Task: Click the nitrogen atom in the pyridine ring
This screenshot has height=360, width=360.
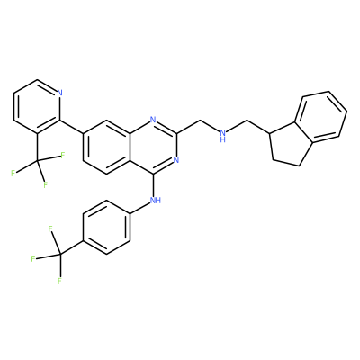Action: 59,93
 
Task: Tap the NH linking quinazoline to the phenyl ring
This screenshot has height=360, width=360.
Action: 155,200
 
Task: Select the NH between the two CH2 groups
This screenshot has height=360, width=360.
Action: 223,135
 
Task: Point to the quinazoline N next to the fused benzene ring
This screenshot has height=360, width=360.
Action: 153,120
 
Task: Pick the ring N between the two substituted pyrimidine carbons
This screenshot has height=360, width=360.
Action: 176,159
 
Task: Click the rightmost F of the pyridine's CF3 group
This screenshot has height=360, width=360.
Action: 63,156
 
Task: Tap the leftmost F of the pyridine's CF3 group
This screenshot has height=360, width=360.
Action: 13,173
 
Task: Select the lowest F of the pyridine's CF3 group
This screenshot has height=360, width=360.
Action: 45,184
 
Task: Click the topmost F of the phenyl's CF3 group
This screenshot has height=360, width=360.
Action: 50,229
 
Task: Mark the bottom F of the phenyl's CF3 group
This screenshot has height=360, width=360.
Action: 59,281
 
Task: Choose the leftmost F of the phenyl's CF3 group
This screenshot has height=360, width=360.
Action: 33,258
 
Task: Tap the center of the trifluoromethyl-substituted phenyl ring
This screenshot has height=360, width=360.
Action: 107,228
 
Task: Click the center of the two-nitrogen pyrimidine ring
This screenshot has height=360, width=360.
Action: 153,147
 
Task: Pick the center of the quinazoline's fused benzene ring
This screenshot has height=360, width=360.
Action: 107,147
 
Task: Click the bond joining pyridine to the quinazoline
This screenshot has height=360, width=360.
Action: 72,127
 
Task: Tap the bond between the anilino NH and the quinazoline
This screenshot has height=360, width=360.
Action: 154,184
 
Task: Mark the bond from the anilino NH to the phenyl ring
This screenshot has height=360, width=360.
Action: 140,209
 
